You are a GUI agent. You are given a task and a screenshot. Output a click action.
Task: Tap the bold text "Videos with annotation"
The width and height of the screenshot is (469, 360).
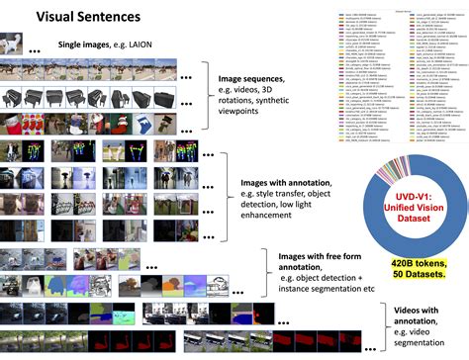click(424, 308)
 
